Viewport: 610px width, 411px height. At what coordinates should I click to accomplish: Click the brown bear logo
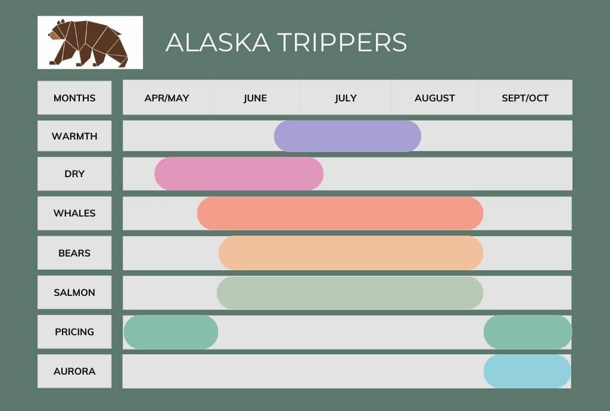click(x=89, y=42)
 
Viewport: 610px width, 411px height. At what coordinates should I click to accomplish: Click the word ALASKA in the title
click(x=216, y=42)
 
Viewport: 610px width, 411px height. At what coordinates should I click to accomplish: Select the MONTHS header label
click(x=74, y=98)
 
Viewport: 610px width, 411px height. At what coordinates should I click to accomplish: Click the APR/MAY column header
click(x=167, y=98)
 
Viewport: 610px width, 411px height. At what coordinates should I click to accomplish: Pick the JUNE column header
click(x=255, y=98)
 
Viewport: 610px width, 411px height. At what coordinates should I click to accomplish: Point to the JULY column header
click(x=346, y=98)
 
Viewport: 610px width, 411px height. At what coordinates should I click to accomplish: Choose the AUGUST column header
click(x=435, y=98)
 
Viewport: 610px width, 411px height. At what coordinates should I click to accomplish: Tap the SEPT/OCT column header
click(x=525, y=98)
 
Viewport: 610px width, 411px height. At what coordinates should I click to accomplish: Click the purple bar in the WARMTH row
click(x=347, y=136)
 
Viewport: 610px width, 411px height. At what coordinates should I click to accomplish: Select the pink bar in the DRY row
click(x=239, y=174)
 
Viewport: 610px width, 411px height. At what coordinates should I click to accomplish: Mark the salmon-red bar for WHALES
click(x=340, y=213)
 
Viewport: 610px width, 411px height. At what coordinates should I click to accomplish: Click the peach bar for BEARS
click(x=351, y=253)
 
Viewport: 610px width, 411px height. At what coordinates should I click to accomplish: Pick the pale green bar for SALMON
click(x=350, y=292)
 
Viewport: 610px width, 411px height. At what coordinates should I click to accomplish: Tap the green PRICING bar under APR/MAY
click(x=171, y=332)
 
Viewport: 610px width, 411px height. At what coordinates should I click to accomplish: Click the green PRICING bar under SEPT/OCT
click(x=528, y=332)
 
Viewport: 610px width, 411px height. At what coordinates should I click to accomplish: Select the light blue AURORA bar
click(x=527, y=371)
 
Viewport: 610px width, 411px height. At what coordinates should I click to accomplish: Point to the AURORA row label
click(x=74, y=371)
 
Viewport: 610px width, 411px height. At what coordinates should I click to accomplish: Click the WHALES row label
click(x=74, y=213)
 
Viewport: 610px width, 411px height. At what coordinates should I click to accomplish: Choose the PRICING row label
click(x=74, y=332)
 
